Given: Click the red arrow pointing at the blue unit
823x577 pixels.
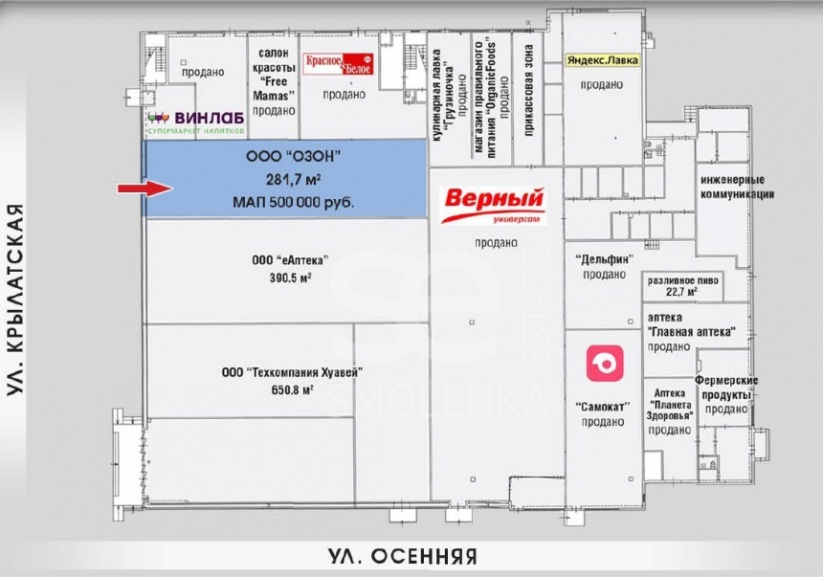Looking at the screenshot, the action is pyautogui.click(x=145, y=189).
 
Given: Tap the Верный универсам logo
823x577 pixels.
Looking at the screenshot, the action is pyautogui.click(x=494, y=206).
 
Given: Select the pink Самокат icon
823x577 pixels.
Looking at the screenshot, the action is pyautogui.click(x=605, y=363).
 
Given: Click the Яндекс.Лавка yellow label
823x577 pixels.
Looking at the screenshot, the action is pyautogui.click(x=603, y=60).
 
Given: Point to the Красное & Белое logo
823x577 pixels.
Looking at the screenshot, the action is pyautogui.click(x=339, y=63).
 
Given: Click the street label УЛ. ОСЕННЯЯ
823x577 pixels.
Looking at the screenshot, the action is pyautogui.click(x=403, y=557).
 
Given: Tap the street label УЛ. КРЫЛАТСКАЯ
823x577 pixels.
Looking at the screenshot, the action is pyautogui.click(x=15, y=300).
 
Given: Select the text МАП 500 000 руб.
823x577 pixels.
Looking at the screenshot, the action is pyautogui.click(x=293, y=202).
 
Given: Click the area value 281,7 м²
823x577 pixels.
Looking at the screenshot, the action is pyautogui.click(x=294, y=180).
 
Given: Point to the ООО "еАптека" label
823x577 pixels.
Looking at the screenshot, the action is pyautogui.click(x=290, y=260).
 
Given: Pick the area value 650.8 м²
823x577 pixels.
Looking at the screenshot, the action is pyautogui.click(x=292, y=390).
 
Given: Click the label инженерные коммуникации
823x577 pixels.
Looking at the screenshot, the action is pyautogui.click(x=737, y=187).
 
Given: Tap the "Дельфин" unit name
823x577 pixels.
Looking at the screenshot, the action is pyautogui.click(x=604, y=259).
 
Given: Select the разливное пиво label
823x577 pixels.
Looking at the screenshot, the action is pyautogui.click(x=682, y=280).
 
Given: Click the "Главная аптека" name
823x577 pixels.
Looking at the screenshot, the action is pyautogui.click(x=691, y=332).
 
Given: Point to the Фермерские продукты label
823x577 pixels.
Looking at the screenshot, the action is pyautogui.click(x=726, y=388).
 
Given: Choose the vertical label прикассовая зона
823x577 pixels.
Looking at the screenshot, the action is pyautogui.click(x=528, y=90).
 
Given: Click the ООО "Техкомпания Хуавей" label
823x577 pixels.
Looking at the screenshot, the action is pyautogui.click(x=292, y=373).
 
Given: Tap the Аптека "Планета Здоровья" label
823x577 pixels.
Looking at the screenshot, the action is pyautogui.click(x=670, y=405).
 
